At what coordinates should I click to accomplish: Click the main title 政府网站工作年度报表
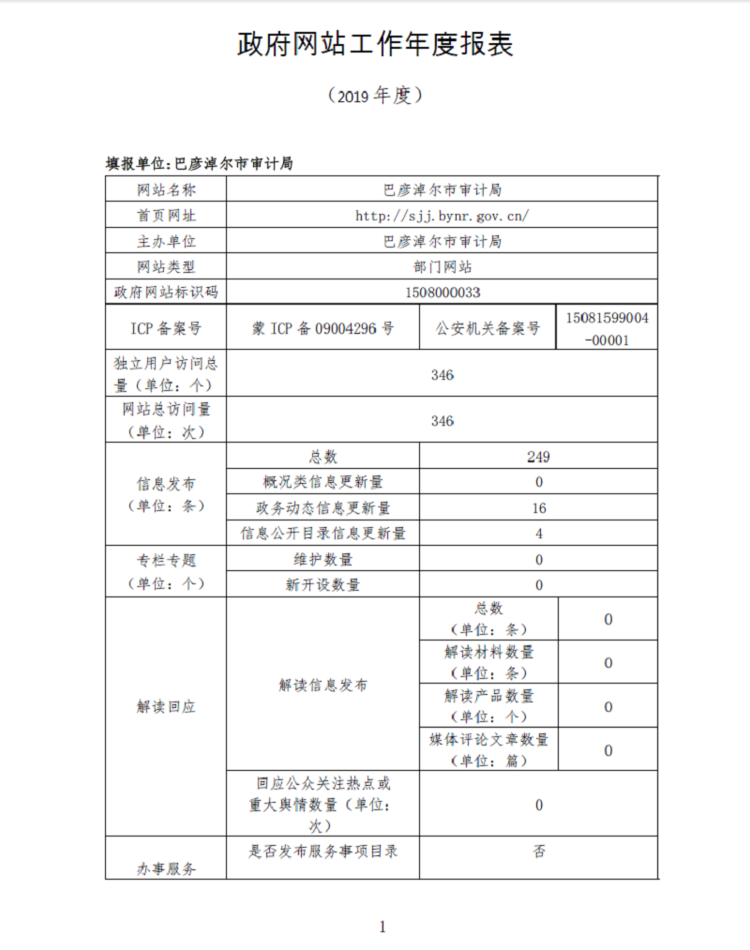coord(375,45)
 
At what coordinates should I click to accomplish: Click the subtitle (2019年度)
coord(375,96)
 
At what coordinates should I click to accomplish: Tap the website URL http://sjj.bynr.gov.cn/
coord(442,216)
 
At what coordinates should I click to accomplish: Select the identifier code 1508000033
coord(442,293)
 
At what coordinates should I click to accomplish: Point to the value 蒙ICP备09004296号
coord(322,328)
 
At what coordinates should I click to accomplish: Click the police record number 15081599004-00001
coord(607,328)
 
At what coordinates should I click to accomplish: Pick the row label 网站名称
coord(166,190)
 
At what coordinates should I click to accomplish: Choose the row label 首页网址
coord(166,216)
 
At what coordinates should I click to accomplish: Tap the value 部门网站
coord(442,267)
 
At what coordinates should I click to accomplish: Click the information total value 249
coord(538,457)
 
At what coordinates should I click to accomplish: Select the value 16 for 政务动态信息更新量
coord(538,508)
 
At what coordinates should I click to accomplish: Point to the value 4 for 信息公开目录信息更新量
coord(538,534)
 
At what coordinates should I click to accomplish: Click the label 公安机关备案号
coord(487,328)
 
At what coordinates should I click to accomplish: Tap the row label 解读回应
coord(166,707)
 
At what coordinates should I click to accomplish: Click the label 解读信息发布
coord(322,686)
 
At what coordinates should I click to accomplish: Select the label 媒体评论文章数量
coord(488,740)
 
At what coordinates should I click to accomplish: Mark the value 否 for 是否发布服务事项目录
coord(538,852)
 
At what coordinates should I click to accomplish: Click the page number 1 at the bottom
coord(382,927)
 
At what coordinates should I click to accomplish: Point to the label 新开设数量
coord(322,585)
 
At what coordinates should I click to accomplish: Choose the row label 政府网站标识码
coord(166,293)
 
